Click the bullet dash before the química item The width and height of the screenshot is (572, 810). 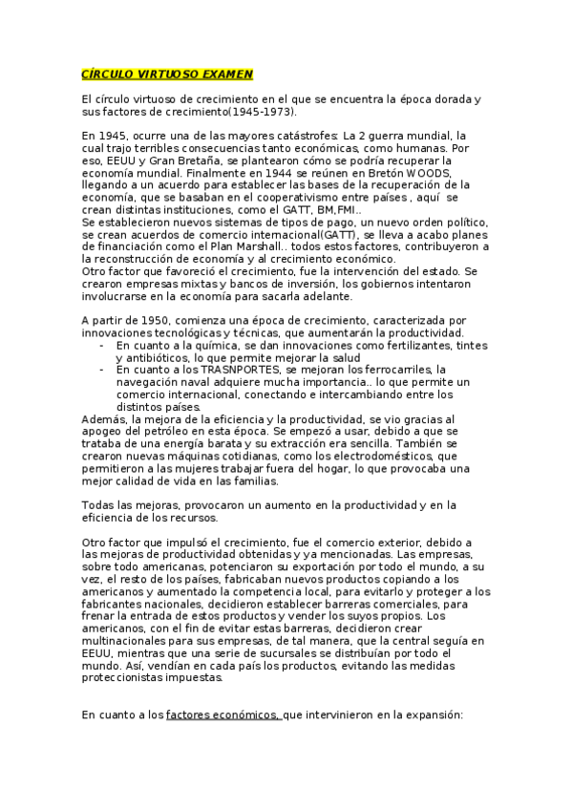point(102,345)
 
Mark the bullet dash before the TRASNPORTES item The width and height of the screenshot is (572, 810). point(102,369)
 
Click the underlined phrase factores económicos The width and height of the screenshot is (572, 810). point(222,714)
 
